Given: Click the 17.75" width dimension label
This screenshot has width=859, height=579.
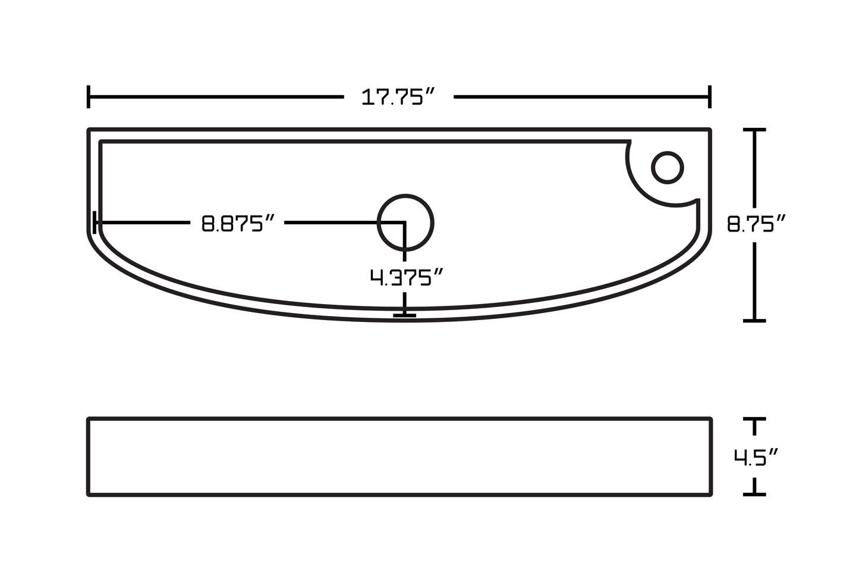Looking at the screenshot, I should [399, 96].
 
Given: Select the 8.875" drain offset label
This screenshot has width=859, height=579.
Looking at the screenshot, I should [238, 224].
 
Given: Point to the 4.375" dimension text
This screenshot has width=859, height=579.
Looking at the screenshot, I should [407, 277].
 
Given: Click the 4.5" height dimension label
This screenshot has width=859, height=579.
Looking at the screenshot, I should [756, 457].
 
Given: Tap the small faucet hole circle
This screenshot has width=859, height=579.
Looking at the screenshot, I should [667, 167].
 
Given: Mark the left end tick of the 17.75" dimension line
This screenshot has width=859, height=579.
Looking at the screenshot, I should [89, 96].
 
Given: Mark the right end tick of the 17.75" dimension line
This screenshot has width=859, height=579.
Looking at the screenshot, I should [710, 96].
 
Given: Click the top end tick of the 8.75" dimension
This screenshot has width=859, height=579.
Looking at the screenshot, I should [755, 129].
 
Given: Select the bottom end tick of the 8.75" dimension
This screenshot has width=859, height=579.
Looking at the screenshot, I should [755, 320].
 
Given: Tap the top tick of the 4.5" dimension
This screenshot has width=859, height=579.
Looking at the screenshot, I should [755, 420].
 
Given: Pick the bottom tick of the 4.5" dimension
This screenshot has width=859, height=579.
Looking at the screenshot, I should [755, 493].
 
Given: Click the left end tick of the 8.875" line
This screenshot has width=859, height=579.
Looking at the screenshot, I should [95, 223].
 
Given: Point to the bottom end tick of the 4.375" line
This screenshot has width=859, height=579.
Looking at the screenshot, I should [405, 314].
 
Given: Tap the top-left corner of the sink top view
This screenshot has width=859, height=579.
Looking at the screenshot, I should [89, 130].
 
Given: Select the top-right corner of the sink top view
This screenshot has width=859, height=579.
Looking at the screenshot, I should [710, 130].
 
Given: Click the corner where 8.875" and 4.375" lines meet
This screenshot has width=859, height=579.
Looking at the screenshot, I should [405, 223].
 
